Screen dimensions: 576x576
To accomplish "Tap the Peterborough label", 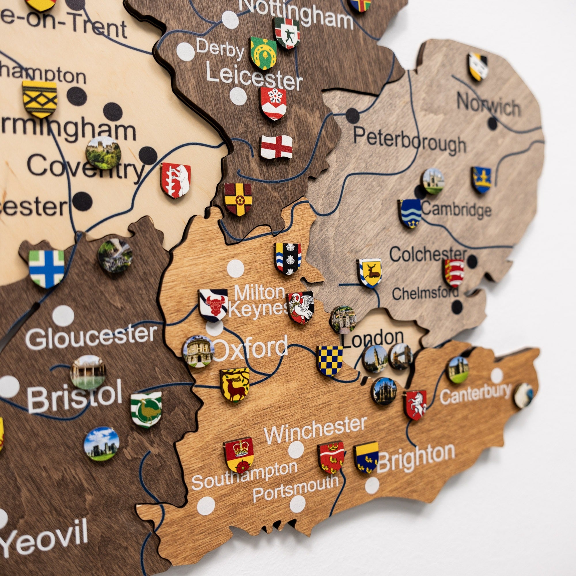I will coord(409,140).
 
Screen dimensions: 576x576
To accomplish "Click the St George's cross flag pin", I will coord(276,147).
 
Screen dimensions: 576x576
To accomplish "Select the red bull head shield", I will coord(213,305).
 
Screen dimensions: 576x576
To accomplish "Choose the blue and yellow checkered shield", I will coord(329,361).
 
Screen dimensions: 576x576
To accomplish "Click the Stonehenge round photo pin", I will coord(101,444).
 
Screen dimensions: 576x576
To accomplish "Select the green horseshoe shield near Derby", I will coord(263,53).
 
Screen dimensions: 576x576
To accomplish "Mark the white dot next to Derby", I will coord(185,52).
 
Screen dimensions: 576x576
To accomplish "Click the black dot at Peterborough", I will coord(353,116).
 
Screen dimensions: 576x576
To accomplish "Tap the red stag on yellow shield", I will coord(235,385).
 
